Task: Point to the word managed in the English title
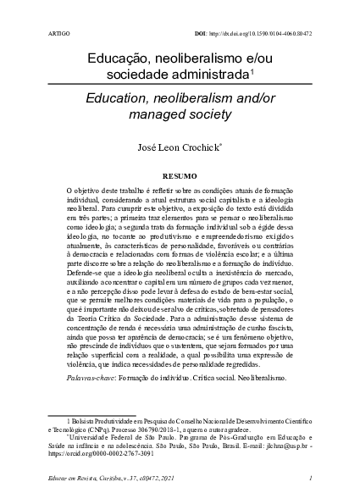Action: pos(158,113)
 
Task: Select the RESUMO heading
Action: pos(180,176)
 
